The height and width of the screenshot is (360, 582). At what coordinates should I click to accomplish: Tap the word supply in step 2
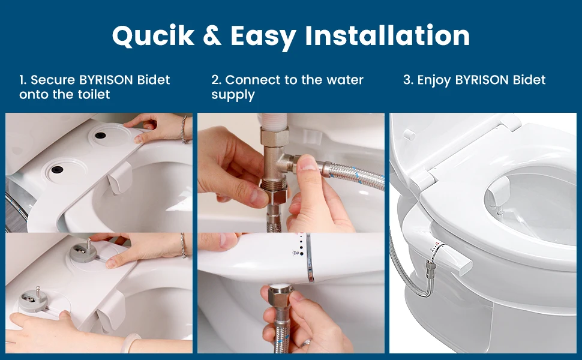[x=233, y=95]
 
